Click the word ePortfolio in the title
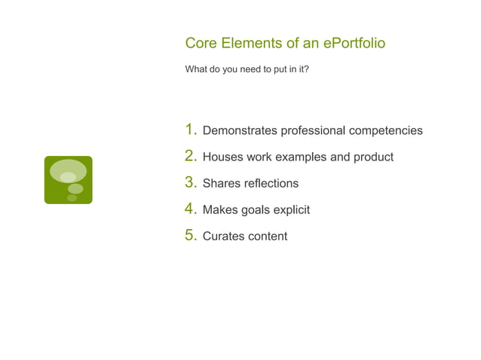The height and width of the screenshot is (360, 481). (354, 43)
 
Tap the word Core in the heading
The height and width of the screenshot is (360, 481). (201, 43)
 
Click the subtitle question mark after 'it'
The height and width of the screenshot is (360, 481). (306, 69)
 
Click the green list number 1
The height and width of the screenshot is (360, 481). (191, 130)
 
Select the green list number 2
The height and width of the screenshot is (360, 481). (191, 156)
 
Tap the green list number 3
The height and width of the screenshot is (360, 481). (191, 182)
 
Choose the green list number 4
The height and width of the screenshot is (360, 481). (191, 209)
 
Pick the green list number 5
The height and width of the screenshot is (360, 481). (191, 235)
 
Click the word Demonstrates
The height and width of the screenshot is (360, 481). (240, 131)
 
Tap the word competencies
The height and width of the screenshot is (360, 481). (385, 131)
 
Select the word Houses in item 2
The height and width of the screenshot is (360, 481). (222, 157)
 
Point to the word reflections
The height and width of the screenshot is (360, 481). (270, 184)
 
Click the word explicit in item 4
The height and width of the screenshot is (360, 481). (291, 210)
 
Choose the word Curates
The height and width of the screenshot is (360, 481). (223, 236)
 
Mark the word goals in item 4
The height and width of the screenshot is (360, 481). (255, 210)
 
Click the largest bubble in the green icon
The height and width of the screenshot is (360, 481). (68, 171)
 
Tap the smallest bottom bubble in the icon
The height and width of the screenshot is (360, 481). (72, 198)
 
